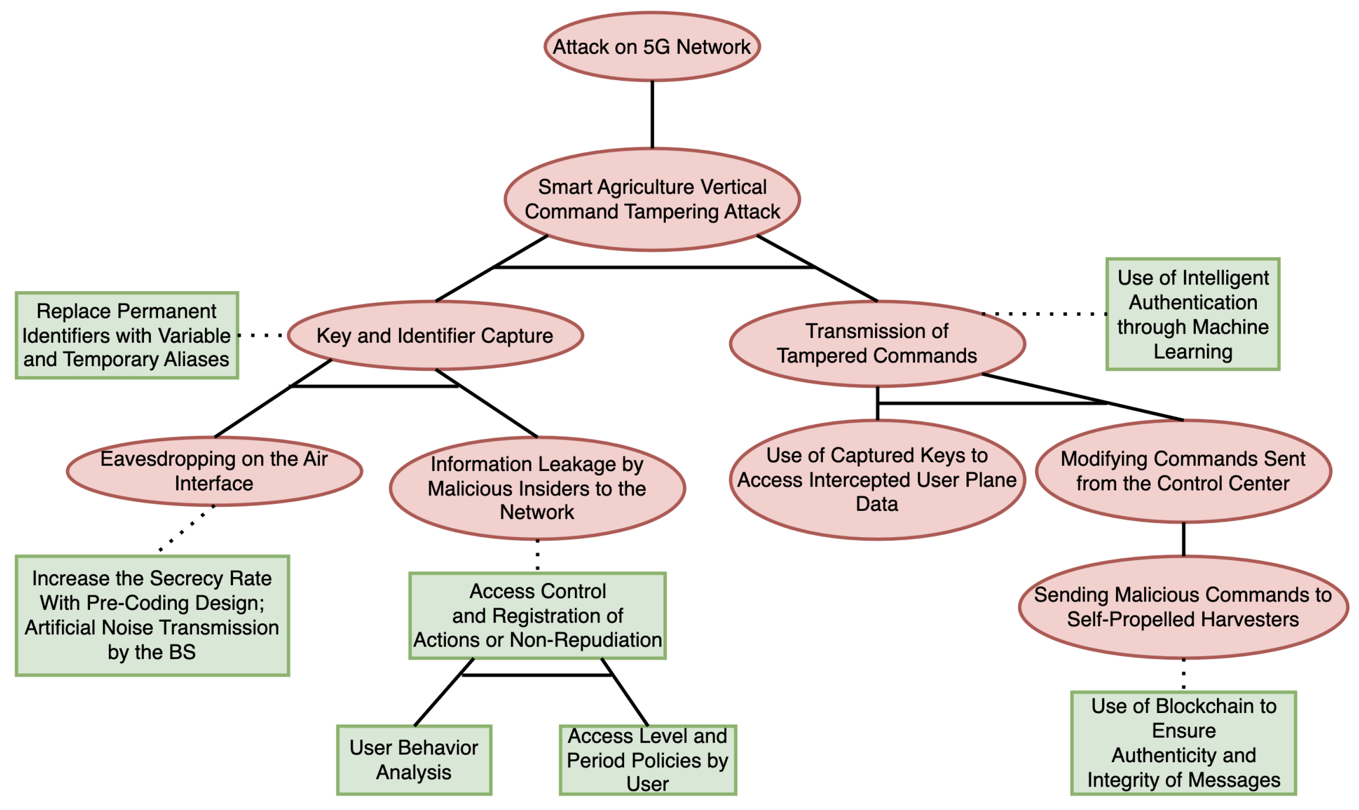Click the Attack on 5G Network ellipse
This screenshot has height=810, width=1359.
pyautogui.click(x=652, y=47)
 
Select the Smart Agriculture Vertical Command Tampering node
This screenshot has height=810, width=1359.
pyautogui.click(x=652, y=199)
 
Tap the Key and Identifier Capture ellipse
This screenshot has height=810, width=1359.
pyautogui.click(x=435, y=335)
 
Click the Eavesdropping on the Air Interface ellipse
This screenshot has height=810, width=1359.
pyautogui.click(x=214, y=471)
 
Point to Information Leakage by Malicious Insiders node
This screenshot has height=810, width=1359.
pyautogui.click(x=537, y=488)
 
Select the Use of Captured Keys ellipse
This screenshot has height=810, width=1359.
pyautogui.click(x=877, y=480)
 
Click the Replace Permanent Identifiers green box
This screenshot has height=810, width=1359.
pyautogui.click(x=127, y=335)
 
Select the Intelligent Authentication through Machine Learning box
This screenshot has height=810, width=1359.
pyautogui.click(x=1193, y=315)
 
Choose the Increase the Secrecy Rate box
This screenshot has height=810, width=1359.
pyautogui.click(x=152, y=615)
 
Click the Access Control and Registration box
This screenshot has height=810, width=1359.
pyautogui.click(x=537, y=615)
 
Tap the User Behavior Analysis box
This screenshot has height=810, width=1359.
pyautogui.click(x=414, y=760)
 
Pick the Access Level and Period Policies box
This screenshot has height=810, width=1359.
pyautogui.click(x=648, y=760)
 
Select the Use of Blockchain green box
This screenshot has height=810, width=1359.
pyautogui.click(x=1183, y=743)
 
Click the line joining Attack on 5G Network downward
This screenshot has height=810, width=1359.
pyautogui.click(x=652, y=115)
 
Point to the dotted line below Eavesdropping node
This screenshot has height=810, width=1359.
pyautogui.click(x=186, y=528)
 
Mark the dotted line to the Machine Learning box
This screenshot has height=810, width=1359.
pyautogui.click(x=1044, y=314)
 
